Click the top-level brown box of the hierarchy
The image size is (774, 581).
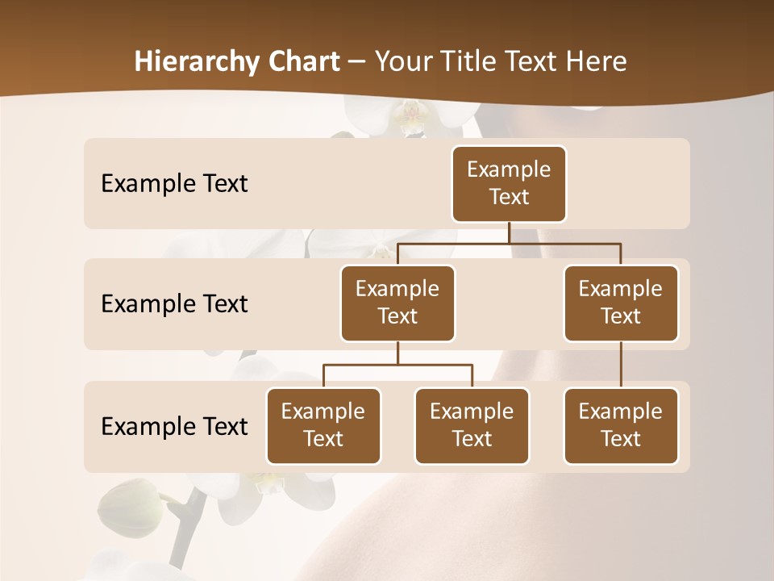click(509, 183)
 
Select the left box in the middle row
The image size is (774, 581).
click(397, 303)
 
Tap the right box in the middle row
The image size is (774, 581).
click(621, 303)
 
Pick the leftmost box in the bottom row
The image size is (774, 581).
click(323, 425)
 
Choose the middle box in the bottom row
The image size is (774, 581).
click(472, 425)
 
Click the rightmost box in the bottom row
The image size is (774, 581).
click(621, 425)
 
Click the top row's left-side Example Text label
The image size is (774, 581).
click(174, 184)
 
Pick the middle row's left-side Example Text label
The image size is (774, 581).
click(174, 304)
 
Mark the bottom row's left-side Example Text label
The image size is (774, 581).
click(174, 426)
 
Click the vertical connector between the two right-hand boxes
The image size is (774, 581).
click(621, 365)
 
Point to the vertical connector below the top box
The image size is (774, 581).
click(509, 232)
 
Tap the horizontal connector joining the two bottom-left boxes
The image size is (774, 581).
click(397, 365)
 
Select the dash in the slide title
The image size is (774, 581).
click(357, 62)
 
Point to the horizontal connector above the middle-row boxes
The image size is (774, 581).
click(509, 243)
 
